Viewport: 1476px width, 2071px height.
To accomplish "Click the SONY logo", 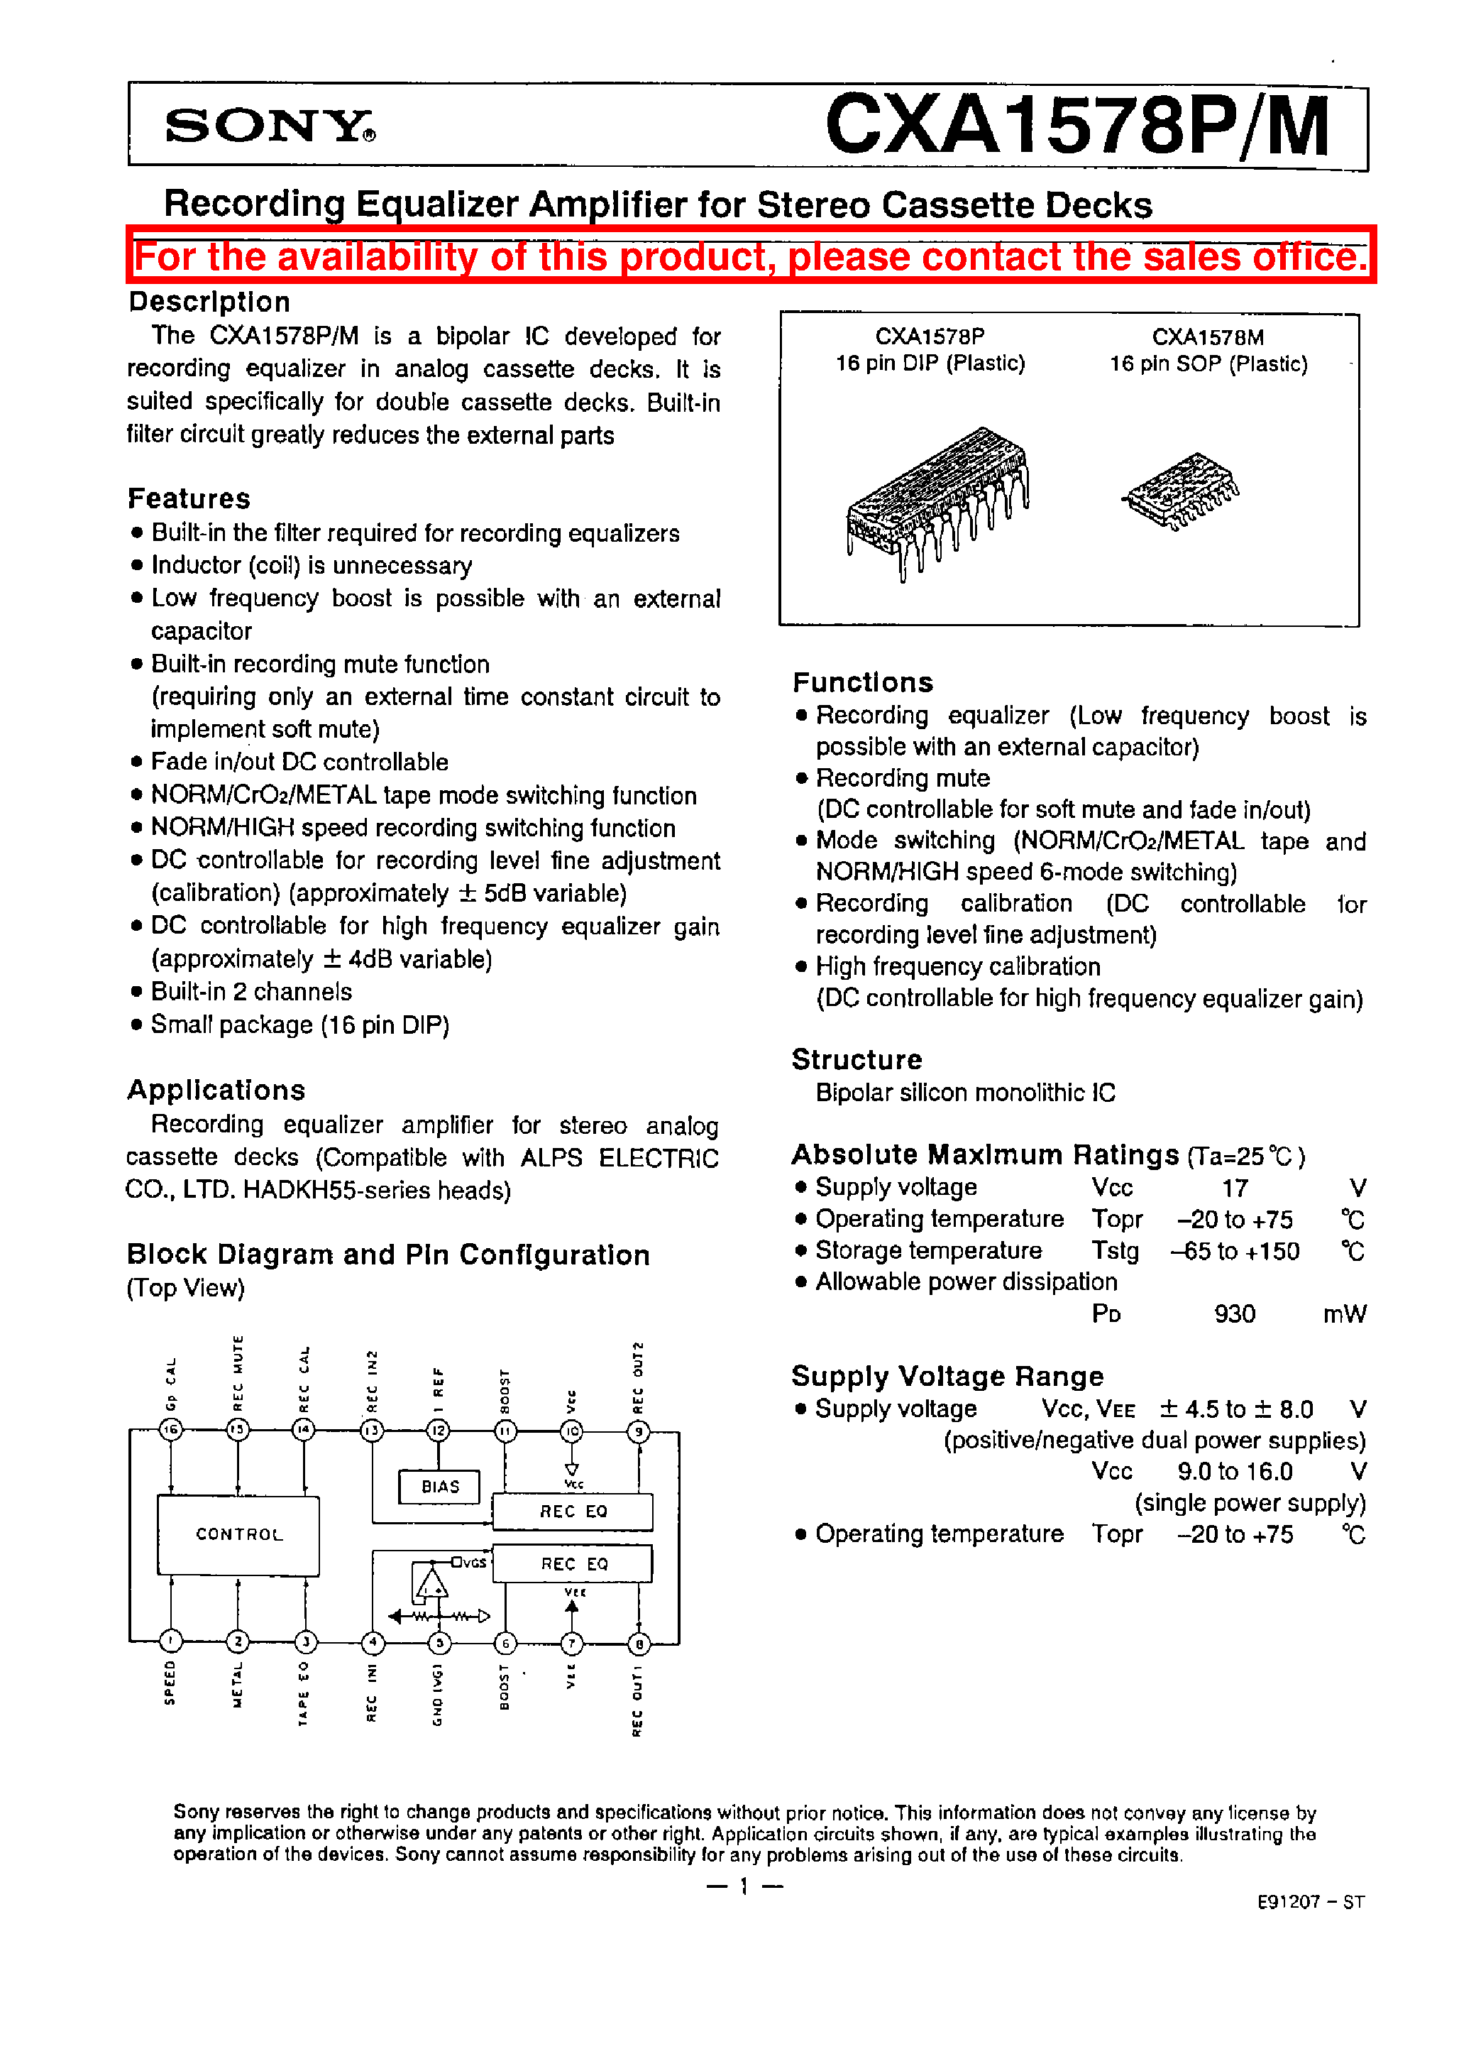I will [x=269, y=126].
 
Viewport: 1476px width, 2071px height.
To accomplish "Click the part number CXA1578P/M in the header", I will [x=1077, y=126].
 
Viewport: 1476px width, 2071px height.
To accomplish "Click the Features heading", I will [x=188, y=498].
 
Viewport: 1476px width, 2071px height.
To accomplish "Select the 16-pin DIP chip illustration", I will [x=937, y=501].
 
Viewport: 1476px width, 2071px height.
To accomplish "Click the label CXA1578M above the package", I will [x=1207, y=337].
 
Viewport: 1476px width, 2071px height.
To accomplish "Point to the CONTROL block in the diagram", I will [x=238, y=1534].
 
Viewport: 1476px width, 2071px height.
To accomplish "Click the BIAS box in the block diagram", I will [x=440, y=1487].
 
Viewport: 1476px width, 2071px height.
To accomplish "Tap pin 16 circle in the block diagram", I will [x=171, y=1430].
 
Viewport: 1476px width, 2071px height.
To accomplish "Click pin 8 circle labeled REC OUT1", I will [x=639, y=1643].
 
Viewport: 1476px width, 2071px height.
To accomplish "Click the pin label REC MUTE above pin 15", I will [x=238, y=1374].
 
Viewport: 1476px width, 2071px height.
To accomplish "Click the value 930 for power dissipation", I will [x=1234, y=1313].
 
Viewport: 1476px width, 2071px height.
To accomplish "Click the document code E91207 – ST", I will [x=1311, y=1902].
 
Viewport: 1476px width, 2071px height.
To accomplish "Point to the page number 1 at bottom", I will [x=744, y=1886].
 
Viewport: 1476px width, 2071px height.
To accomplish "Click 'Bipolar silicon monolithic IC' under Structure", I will [x=965, y=1093].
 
